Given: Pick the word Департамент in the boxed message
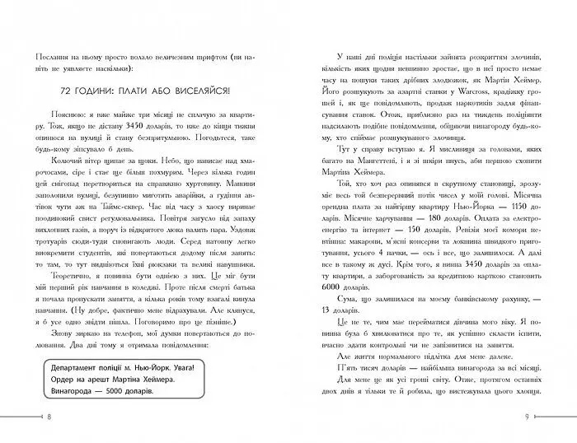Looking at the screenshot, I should (x=69, y=365).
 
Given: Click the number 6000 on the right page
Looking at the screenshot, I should (x=329, y=276).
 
